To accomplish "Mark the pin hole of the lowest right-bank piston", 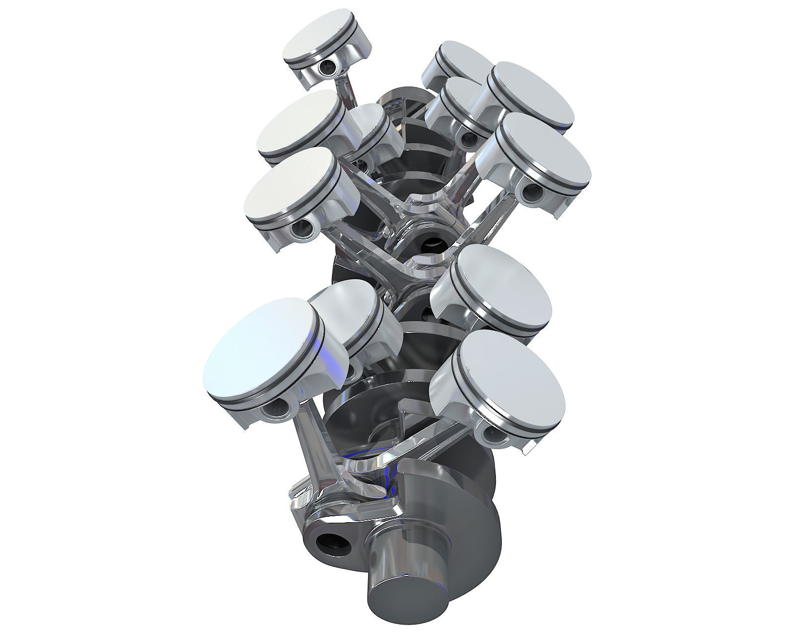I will (492, 435).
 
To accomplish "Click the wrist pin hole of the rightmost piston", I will (532, 189).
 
